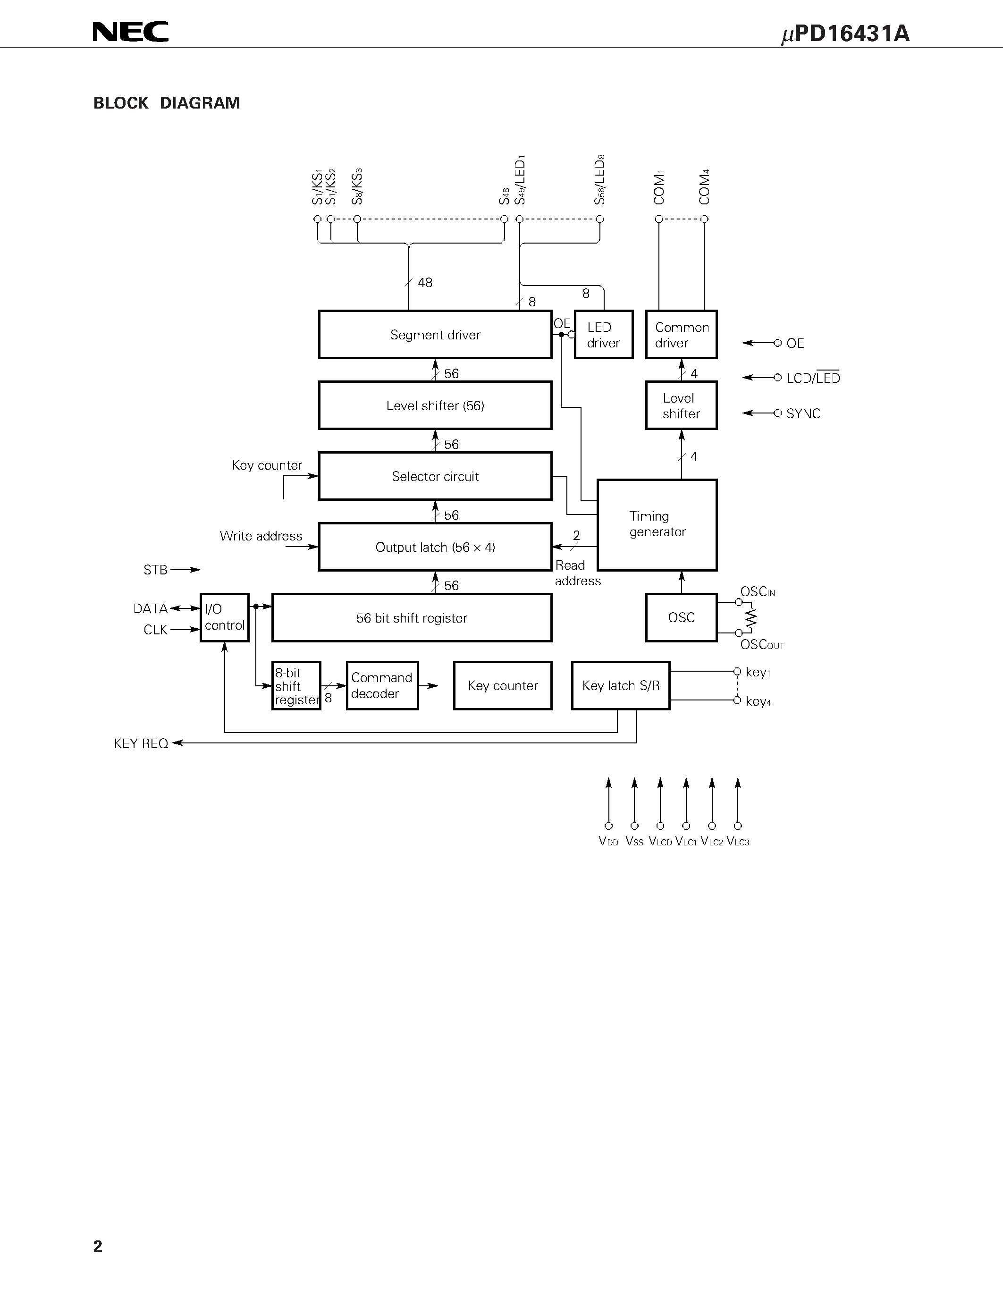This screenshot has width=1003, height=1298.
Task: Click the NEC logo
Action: coord(131,32)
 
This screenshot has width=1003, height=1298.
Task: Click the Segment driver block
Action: coord(435,335)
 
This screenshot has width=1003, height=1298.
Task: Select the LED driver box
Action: coord(603,335)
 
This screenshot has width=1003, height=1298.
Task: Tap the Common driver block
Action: coord(681,335)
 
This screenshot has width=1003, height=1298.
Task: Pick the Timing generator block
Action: coord(657,524)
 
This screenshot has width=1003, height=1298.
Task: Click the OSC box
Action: coord(681,617)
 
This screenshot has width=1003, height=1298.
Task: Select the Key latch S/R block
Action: coord(620,685)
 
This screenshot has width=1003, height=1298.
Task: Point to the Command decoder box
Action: coord(382,685)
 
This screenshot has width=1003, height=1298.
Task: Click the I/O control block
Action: coord(224,617)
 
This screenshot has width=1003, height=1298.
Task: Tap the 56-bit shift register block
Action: coord(411,618)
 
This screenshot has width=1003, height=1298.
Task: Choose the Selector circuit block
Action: coord(435,476)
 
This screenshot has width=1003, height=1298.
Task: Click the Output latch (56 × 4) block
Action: coord(435,547)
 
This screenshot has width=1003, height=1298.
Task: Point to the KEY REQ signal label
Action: coord(141,743)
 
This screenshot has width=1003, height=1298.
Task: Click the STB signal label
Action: coord(155,570)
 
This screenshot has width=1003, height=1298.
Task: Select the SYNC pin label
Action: coord(803,413)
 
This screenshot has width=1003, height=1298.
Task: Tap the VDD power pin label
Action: coord(608,842)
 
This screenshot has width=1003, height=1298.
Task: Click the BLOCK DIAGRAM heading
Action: coord(166,103)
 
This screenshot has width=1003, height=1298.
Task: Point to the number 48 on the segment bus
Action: coord(425,283)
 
